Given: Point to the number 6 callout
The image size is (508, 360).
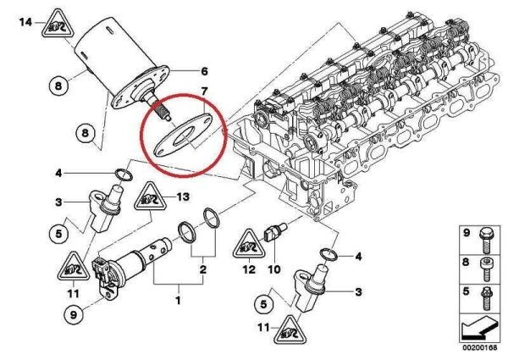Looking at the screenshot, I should (203, 70).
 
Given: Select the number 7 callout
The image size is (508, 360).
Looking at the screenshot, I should (203, 90).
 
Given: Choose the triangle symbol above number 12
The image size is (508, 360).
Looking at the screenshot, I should (248, 242).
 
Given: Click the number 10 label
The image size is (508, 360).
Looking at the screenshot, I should (273, 270).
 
